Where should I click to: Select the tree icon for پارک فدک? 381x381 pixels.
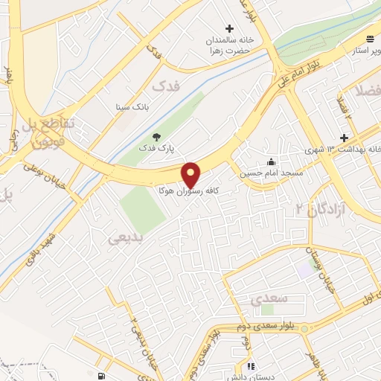tap(156, 136)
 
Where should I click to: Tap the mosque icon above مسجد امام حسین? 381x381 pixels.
tap(272, 161)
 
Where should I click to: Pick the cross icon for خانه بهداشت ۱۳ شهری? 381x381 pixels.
tap(344, 138)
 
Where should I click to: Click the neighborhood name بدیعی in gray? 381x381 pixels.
tap(124, 238)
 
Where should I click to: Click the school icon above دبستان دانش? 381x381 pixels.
tap(251, 367)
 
